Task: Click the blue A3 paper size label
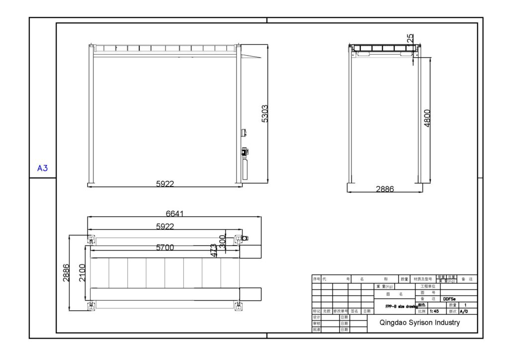(x=43, y=168)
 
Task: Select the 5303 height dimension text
(x=264, y=114)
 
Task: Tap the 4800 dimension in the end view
(x=427, y=118)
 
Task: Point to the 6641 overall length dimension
(x=175, y=214)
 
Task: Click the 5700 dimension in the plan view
(x=165, y=247)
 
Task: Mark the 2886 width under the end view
(x=385, y=189)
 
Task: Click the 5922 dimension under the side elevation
(x=165, y=183)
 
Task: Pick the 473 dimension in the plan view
(x=214, y=250)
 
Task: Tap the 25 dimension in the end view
(x=410, y=38)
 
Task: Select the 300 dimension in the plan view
(x=223, y=242)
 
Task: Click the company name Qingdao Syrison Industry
(x=420, y=322)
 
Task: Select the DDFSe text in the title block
(x=450, y=299)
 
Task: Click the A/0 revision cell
(x=463, y=311)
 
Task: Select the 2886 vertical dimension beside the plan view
(x=66, y=272)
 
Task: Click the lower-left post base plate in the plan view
(x=91, y=306)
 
